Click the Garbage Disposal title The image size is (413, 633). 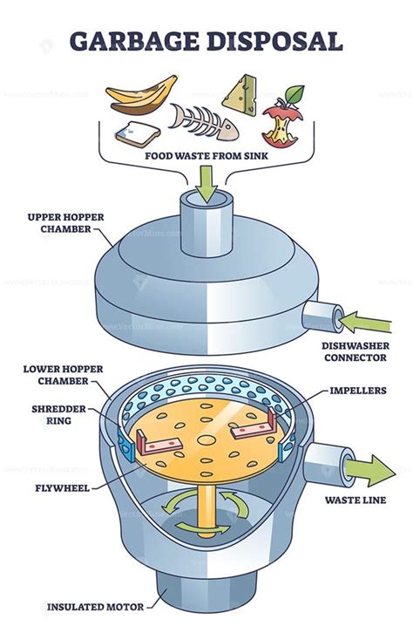(206, 40)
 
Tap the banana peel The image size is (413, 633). (143, 95)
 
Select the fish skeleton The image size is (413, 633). (201, 122)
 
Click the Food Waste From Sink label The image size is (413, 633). (206, 159)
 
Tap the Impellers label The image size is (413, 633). (356, 391)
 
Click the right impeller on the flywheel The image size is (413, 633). (255, 432)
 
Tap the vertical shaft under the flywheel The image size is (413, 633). (206, 506)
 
